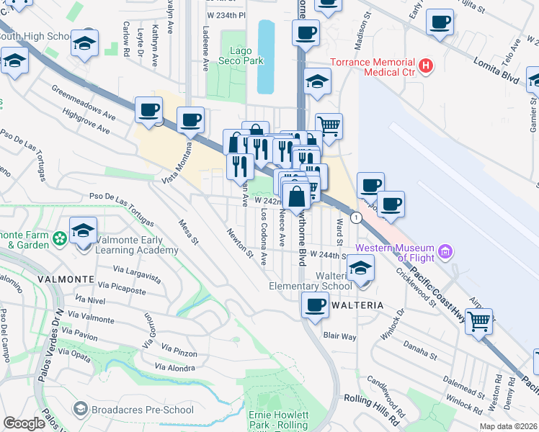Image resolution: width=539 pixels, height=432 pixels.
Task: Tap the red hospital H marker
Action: [x=427, y=67]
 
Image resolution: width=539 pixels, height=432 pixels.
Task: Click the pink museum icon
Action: [x=446, y=251]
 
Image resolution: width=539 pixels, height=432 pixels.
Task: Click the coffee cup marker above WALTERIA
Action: [x=314, y=305]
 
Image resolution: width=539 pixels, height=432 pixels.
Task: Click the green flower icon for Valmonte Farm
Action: [x=60, y=236]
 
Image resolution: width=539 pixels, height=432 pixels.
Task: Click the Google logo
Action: [x=24, y=423]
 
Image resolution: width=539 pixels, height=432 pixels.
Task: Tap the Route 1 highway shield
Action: [x=355, y=217]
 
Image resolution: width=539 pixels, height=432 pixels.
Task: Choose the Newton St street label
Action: [x=239, y=243]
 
